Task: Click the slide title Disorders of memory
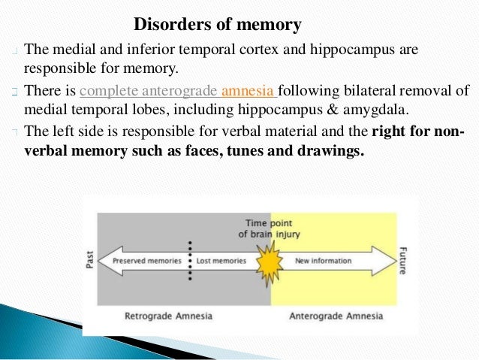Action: coord(218,25)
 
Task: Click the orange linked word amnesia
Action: coord(249,92)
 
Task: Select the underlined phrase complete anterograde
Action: coord(148,92)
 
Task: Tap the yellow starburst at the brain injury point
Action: coord(269,262)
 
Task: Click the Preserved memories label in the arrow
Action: coord(147,262)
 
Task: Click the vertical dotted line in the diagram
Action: coord(191,261)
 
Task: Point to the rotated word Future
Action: coord(404,262)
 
